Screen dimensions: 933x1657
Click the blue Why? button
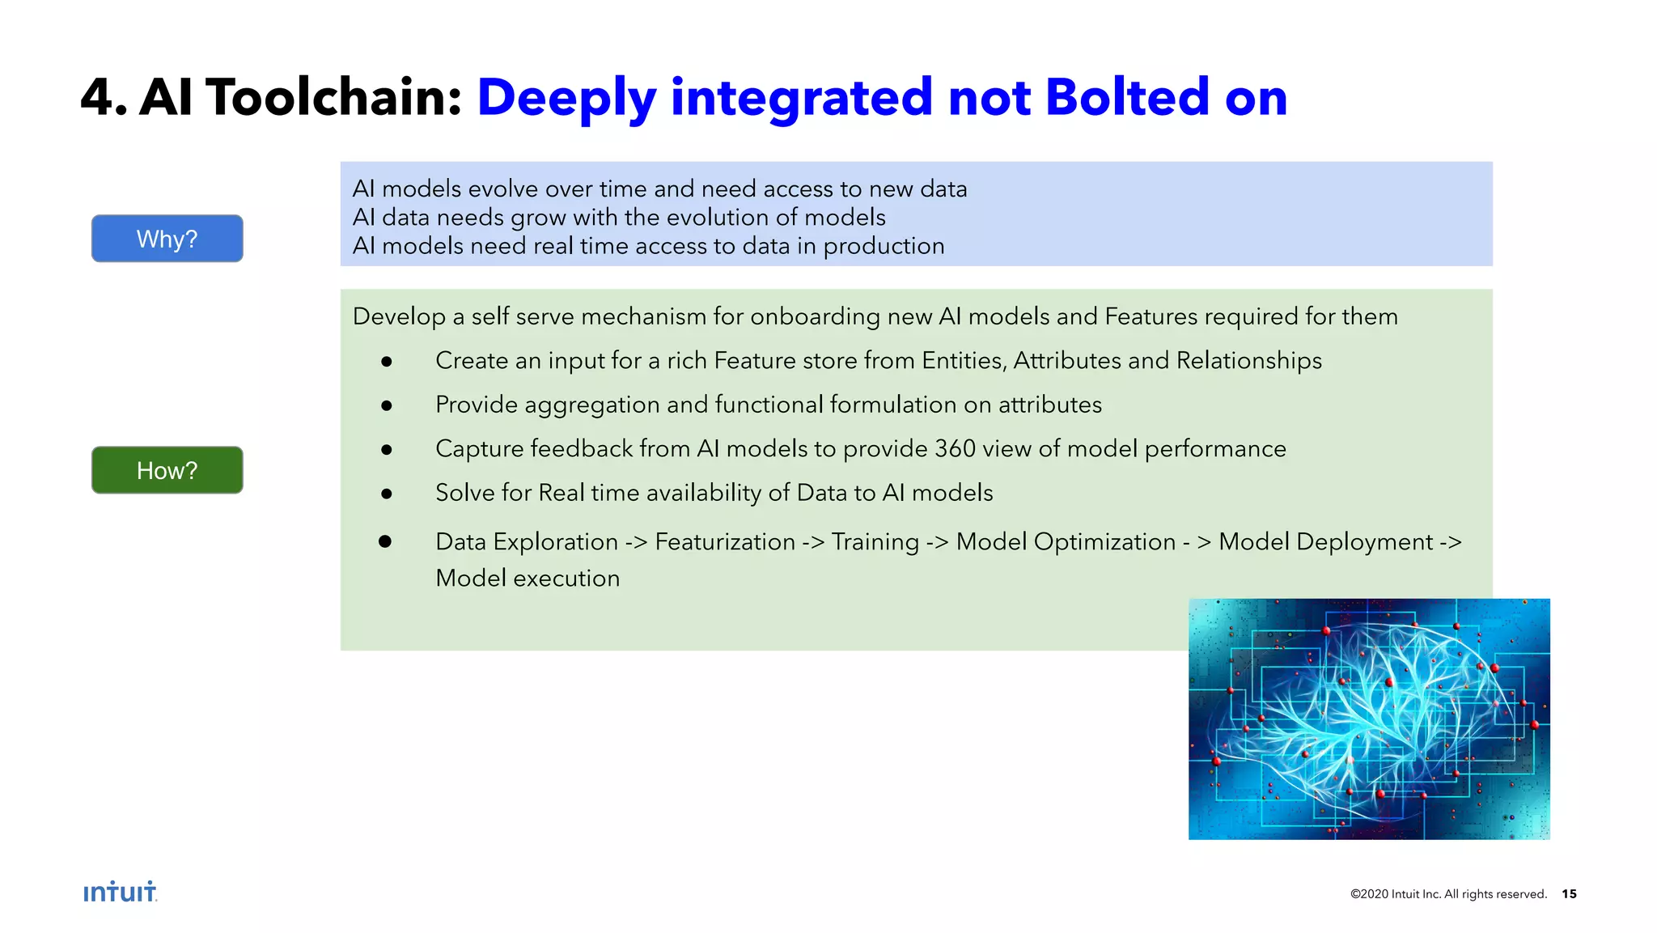(167, 239)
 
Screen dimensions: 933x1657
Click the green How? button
(167, 470)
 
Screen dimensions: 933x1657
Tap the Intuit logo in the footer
(120, 892)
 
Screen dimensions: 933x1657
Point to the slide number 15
(1569, 893)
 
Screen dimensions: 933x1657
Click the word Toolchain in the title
(333, 98)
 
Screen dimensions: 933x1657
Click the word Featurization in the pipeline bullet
(725, 541)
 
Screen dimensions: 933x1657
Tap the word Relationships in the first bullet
(1248, 360)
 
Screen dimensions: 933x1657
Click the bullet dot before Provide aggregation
(387, 405)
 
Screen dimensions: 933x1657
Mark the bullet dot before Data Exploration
(385, 541)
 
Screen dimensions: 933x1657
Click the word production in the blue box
(884, 246)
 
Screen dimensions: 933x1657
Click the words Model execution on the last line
(528, 578)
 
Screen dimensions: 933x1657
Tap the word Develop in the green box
(399, 316)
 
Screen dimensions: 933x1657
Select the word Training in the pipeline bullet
(875, 541)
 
